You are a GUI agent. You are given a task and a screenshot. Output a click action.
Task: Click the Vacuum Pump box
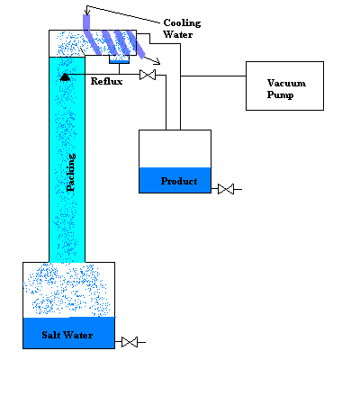[284, 85]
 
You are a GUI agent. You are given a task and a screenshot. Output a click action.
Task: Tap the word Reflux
[106, 81]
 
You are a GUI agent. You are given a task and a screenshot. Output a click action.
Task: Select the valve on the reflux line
[148, 75]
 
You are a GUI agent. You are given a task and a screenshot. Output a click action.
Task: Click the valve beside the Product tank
[226, 189]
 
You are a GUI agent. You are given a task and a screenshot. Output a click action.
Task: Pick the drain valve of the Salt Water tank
[130, 342]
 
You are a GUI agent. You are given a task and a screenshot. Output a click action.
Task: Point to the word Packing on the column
[71, 173]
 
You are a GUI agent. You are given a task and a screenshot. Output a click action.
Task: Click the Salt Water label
[67, 335]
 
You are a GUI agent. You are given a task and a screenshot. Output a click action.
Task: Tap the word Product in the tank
[179, 181]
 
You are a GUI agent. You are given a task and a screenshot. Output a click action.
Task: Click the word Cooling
[182, 23]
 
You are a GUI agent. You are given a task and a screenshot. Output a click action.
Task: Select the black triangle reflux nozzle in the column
[65, 77]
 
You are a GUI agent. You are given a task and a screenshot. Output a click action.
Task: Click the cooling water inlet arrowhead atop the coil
[87, 12]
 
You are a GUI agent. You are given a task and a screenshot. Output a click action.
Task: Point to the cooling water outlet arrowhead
[157, 61]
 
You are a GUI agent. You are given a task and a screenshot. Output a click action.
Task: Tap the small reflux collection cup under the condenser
[119, 59]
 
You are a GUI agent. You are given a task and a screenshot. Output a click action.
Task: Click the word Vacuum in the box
[286, 83]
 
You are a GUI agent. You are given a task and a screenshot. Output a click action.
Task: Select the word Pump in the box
[280, 94]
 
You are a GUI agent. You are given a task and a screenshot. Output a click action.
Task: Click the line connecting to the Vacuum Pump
[213, 76]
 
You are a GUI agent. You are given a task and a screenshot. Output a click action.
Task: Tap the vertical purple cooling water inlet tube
[86, 22]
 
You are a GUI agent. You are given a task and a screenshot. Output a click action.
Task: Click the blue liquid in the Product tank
[175, 180]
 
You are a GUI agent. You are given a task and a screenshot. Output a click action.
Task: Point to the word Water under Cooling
[178, 34]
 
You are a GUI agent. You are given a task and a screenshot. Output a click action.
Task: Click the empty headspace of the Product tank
[175, 148]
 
